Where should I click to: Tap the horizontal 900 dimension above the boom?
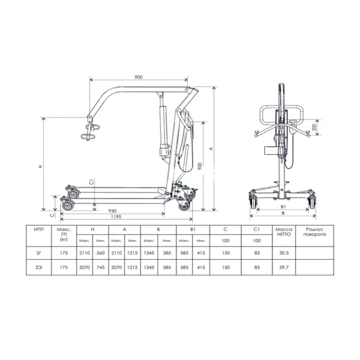pos(139,77)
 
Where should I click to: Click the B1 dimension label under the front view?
pos(282,207)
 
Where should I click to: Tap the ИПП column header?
pos(39,230)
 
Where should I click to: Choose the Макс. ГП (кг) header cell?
pos(64,235)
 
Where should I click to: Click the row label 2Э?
pos(39,268)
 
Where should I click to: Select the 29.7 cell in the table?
pos(283,268)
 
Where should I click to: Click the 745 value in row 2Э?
pos(101,268)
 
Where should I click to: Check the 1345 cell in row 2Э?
pos(151,268)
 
